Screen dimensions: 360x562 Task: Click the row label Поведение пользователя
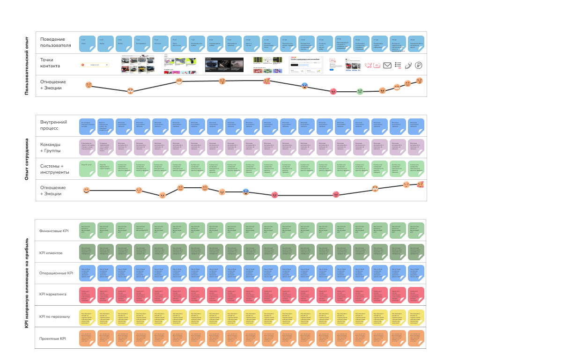(x=55, y=42)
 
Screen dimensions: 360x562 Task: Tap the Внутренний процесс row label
(x=53, y=125)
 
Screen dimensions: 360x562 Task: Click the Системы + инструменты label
(x=55, y=169)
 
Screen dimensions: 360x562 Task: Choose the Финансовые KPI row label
(x=54, y=231)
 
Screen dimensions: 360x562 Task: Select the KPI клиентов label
(x=51, y=253)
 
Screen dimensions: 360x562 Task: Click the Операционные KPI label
(x=56, y=273)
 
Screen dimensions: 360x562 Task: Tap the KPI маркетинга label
(x=53, y=294)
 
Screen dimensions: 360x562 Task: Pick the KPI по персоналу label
(x=55, y=316)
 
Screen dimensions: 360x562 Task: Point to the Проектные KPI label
(x=52, y=338)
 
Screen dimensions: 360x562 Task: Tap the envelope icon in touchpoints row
(x=387, y=66)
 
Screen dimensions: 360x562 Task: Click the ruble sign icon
(x=418, y=66)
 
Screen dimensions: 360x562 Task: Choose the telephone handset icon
(x=408, y=66)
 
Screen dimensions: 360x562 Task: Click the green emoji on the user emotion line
(x=360, y=91)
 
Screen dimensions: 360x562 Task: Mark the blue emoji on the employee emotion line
(x=246, y=191)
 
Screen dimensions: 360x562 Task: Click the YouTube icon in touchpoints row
(x=377, y=66)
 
